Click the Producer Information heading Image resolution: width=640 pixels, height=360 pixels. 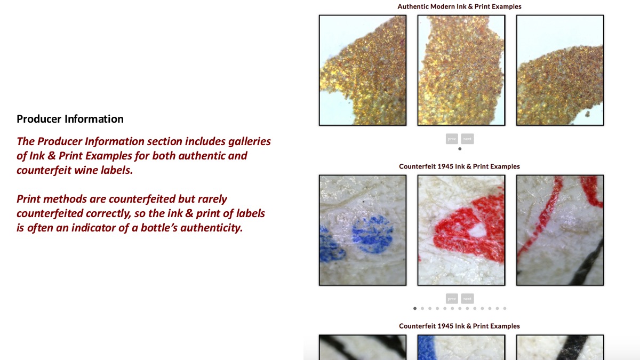coord(70,119)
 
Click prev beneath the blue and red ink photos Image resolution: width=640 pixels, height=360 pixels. coord(452,299)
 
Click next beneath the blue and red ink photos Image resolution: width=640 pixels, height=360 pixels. coord(467,299)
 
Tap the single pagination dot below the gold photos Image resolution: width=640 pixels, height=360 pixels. coord(460,149)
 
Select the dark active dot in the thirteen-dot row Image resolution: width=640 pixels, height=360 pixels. coord(415,308)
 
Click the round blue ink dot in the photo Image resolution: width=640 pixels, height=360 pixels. coord(372,234)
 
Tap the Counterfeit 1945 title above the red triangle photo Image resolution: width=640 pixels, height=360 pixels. coord(459,166)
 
